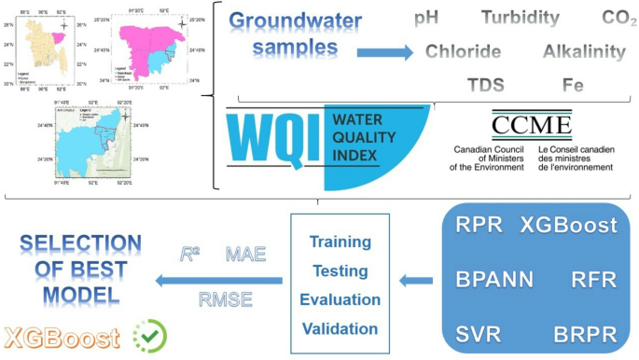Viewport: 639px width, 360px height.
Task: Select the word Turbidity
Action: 521,18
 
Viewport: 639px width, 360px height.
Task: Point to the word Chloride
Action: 463,51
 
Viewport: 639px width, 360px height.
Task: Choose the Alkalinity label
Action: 585,51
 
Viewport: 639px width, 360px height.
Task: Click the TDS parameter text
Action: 485,85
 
